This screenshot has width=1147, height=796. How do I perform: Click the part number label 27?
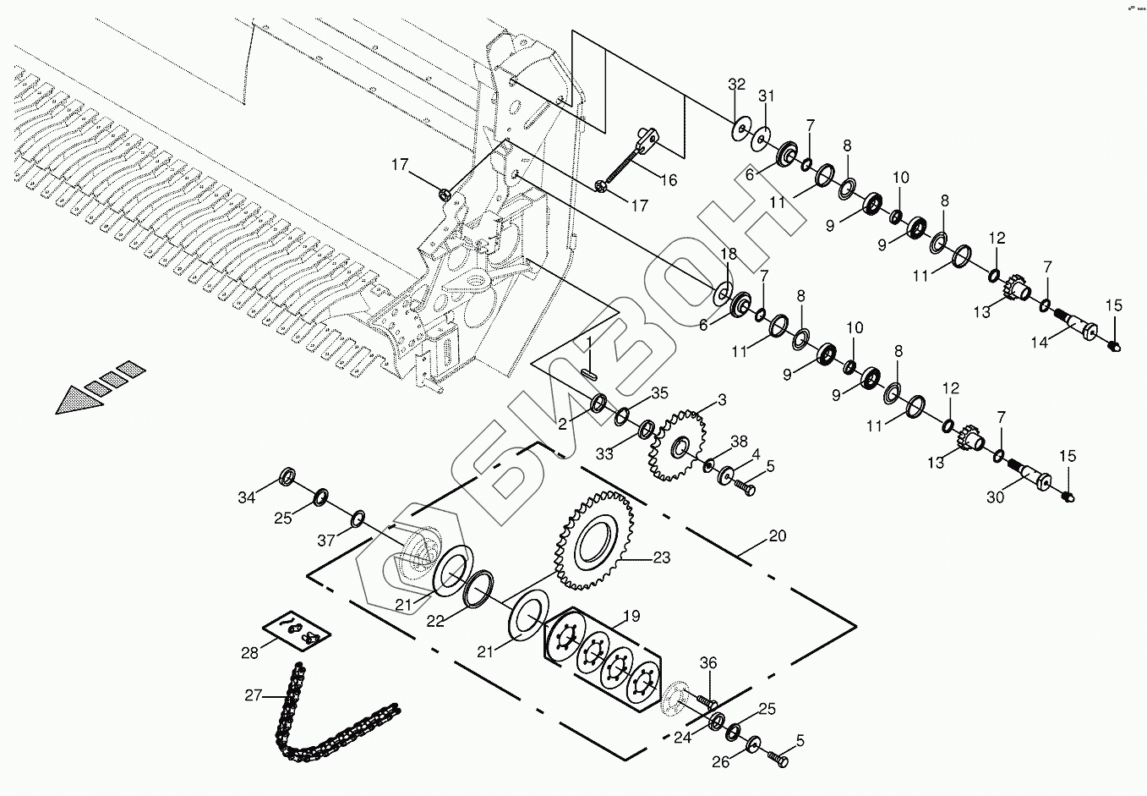coord(254,695)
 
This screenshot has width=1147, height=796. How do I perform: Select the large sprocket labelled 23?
coord(596,542)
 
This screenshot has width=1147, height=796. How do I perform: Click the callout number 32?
coord(737,84)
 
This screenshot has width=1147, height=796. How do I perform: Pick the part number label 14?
coord(1039,343)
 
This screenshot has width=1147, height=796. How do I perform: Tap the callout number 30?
coord(995,497)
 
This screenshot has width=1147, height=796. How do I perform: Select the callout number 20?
coord(777,536)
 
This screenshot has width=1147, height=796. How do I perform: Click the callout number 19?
coord(631,616)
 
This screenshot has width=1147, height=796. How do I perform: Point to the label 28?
coord(249,653)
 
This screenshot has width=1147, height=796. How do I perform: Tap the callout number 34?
coord(246,498)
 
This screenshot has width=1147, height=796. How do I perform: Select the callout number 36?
coord(707,664)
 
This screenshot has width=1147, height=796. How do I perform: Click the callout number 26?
coord(720,761)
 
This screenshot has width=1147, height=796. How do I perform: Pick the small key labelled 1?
coord(589,369)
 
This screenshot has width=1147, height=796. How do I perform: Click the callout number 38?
coord(739,441)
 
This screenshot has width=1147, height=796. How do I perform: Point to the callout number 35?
coord(659,393)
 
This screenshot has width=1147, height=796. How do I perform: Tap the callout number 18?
coord(728,255)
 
